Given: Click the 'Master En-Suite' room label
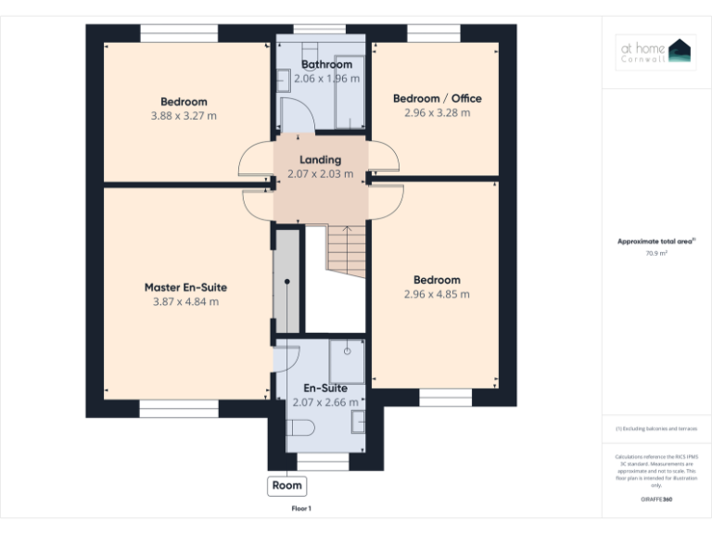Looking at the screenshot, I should pyautogui.click(x=185, y=287).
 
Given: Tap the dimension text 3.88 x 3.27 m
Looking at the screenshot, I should pyautogui.click(x=184, y=116).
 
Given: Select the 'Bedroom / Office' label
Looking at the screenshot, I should pyautogui.click(x=437, y=98).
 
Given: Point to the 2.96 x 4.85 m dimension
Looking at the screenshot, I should pyautogui.click(x=437, y=294).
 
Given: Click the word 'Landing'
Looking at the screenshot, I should pyautogui.click(x=320, y=159).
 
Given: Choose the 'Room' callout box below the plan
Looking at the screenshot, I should pyautogui.click(x=286, y=485).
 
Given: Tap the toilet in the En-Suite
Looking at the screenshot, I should pyautogui.click(x=301, y=426).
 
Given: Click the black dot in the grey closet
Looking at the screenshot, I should pyautogui.click(x=287, y=281).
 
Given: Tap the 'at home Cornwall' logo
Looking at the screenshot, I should pyautogui.click(x=655, y=52).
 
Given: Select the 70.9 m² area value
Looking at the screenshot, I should pyautogui.click(x=655, y=252).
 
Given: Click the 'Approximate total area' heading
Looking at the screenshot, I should pyautogui.click(x=655, y=241).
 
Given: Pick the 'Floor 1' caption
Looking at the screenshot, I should pyautogui.click(x=301, y=508).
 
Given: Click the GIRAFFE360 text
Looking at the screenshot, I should pyautogui.click(x=655, y=500).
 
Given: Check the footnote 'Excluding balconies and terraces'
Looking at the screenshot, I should pyautogui.click(x=655, y=428).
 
